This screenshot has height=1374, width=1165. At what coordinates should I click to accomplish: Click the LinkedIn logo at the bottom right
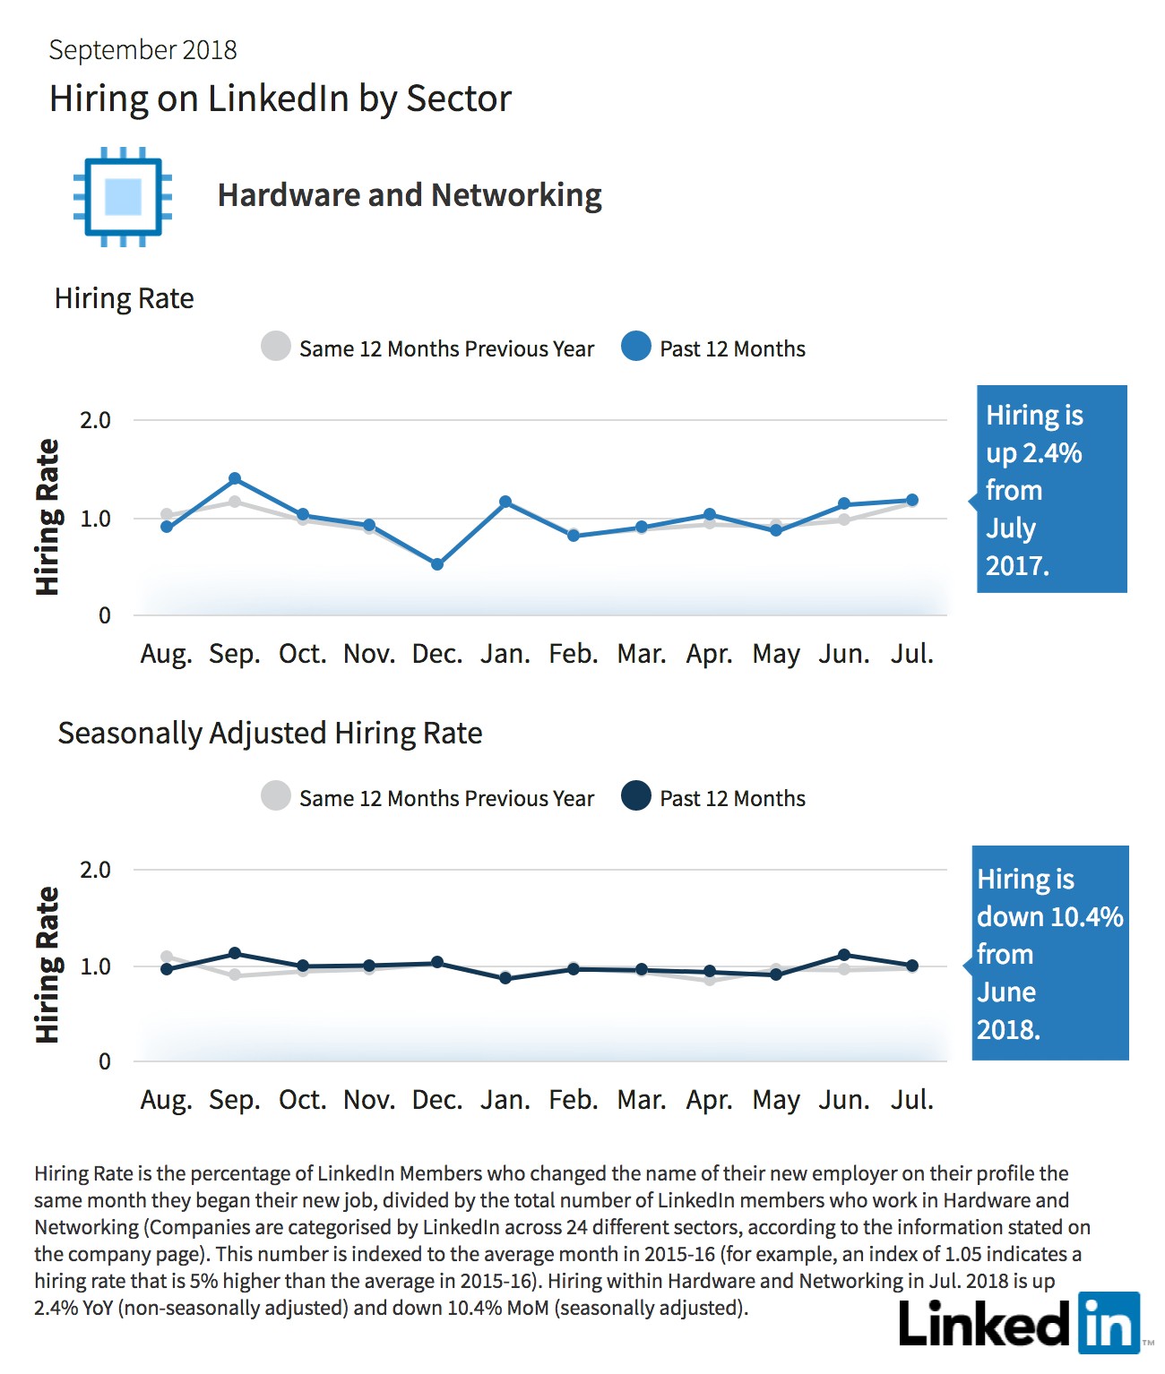1020,1323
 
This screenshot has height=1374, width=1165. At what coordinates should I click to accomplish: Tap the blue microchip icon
123,197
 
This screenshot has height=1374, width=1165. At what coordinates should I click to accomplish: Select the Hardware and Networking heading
410,195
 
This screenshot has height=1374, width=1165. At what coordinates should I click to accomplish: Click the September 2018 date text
143,50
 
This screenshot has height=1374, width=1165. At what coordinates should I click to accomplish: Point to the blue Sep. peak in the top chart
235,478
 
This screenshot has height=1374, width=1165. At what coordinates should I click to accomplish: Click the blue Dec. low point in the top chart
437,564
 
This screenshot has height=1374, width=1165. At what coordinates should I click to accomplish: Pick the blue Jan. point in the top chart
505,502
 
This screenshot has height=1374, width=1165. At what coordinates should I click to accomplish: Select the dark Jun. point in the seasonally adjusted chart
844,955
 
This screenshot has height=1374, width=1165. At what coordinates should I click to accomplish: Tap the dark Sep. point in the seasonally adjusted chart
235,954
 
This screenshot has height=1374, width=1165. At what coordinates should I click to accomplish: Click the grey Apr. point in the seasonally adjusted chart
710,980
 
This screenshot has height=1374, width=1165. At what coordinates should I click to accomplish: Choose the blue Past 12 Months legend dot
636,347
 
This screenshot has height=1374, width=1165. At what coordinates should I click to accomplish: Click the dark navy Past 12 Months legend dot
636,795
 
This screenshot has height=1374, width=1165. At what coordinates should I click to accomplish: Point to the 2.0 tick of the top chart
95,420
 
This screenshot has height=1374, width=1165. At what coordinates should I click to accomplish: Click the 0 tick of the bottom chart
104,1061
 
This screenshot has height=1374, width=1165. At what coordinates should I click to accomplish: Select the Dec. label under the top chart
437,654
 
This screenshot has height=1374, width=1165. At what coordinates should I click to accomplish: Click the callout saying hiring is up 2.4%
1050,489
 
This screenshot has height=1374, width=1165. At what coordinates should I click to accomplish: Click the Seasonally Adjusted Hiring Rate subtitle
270,734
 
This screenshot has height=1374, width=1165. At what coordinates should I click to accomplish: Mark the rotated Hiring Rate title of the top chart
47,517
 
